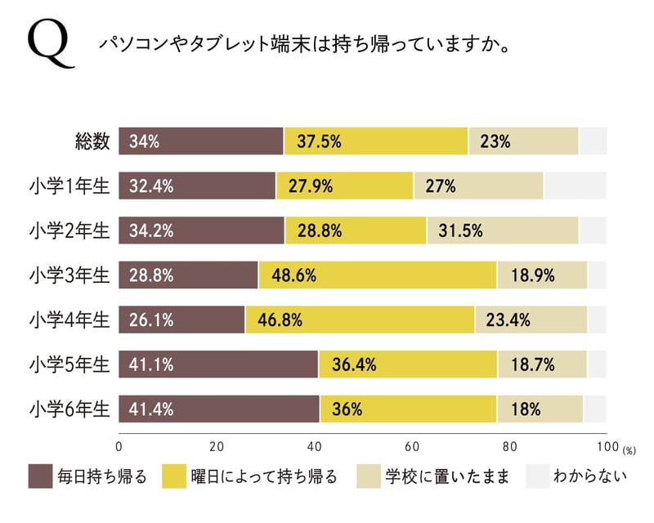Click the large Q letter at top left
[x=50, y=44]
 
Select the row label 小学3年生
[x=69, y=275]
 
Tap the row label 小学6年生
[x=69, y=408]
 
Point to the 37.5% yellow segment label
[x=319, y=141]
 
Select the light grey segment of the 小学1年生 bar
[x=575, y=186]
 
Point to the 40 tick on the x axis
[x=315, y=447]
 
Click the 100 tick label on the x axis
[x=607, y=447]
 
